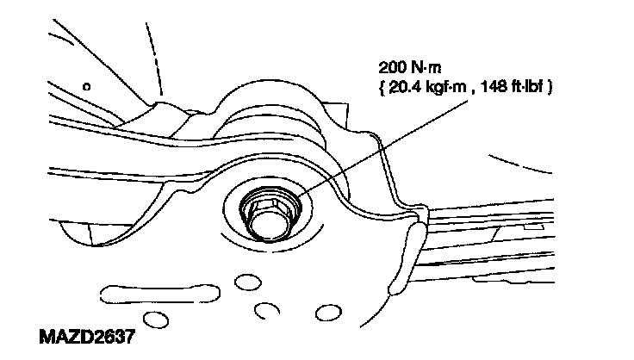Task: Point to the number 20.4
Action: coord(405,87)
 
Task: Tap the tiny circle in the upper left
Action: coord(86,86)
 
